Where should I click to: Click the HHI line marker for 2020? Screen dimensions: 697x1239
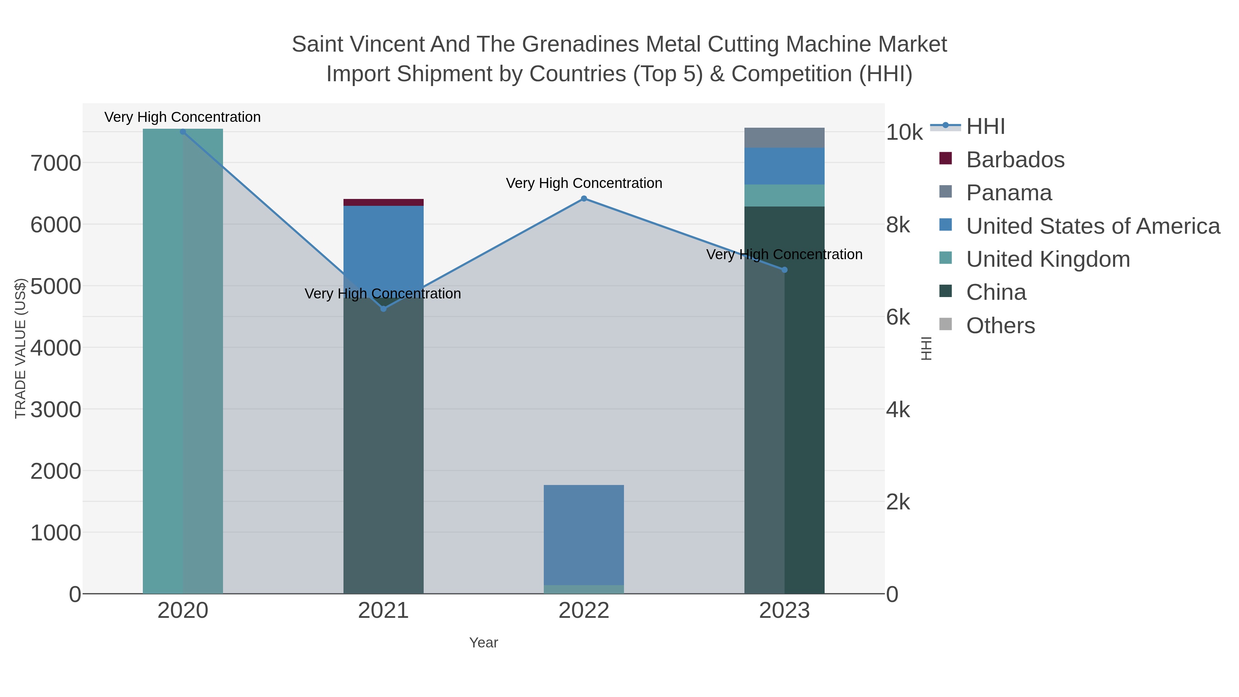point(183,131)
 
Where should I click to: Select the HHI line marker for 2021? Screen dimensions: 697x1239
point(383,309)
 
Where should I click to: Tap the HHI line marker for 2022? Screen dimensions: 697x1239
point(584,199)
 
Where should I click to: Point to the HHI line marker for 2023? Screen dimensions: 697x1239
point(784,270)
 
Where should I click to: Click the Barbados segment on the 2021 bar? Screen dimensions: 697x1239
point(383,202)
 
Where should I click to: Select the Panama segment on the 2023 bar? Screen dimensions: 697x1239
point(784,138)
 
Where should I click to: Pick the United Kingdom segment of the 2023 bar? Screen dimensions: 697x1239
point(784,195)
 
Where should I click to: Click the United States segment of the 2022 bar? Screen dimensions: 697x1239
point(584,534)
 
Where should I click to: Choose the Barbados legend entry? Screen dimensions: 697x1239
point(1015,160)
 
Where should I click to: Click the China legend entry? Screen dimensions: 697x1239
point(996,293)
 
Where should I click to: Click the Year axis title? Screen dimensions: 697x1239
point(484,643)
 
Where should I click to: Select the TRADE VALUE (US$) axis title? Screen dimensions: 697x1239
point(20,348)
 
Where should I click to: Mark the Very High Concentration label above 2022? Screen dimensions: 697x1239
point(584,183)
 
